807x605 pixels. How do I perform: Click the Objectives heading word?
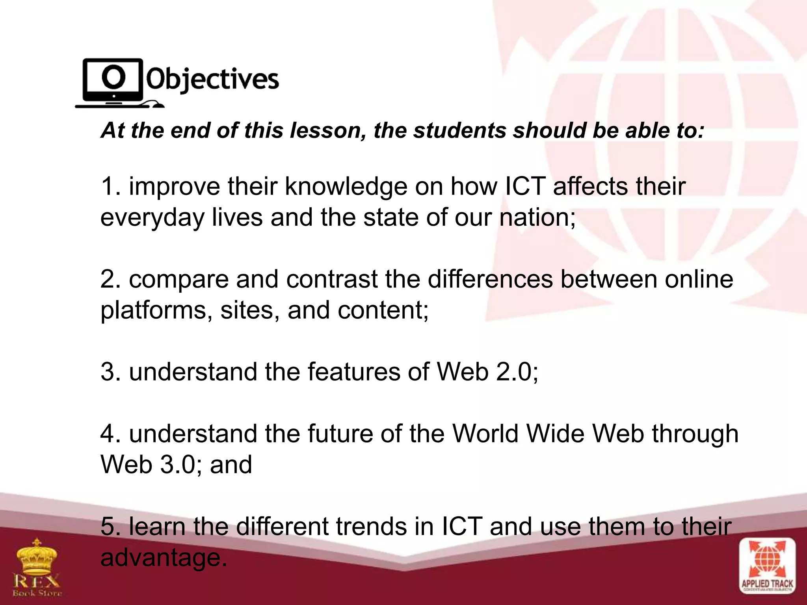pos(213,80)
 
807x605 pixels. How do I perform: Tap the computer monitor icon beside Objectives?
pos(113,81)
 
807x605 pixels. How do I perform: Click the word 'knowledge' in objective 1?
pos(346,187)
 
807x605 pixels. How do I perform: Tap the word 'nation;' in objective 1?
pos(537,217)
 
